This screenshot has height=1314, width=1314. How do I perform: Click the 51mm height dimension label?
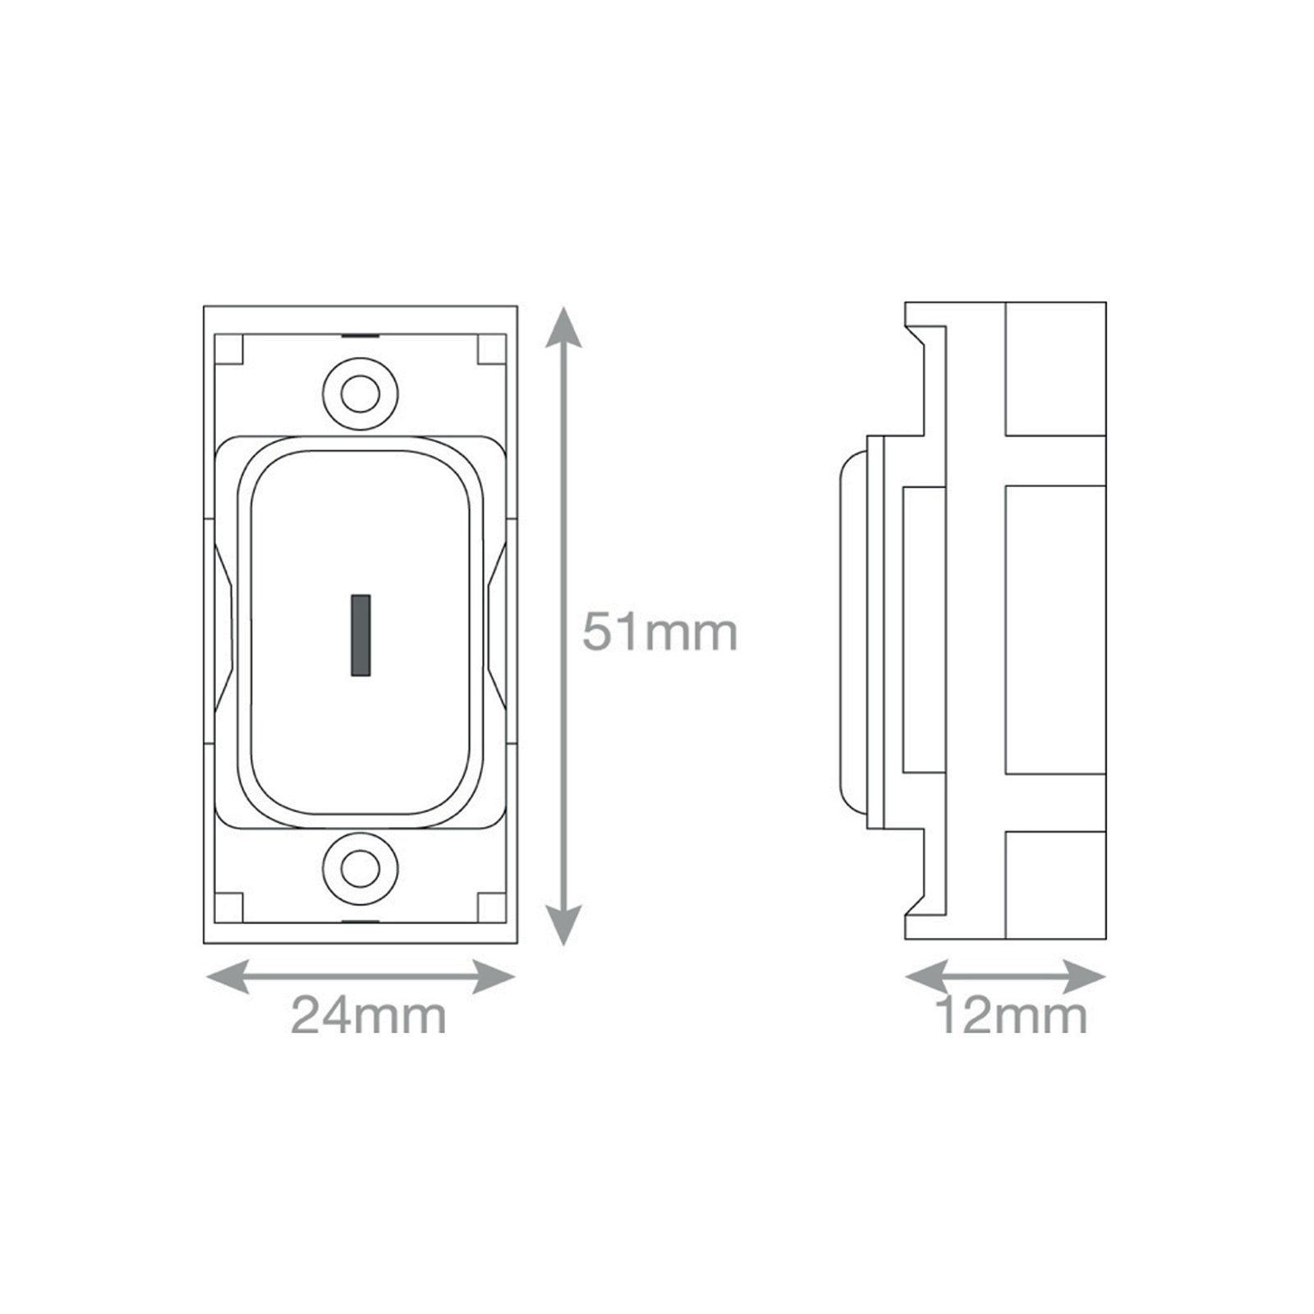[x=660, y=632]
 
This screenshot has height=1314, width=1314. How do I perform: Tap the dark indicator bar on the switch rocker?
[x=361, y=635]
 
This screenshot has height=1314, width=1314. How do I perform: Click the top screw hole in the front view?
[x=360, y=395]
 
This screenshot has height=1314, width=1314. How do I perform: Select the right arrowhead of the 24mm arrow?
[x=494, y=977]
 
